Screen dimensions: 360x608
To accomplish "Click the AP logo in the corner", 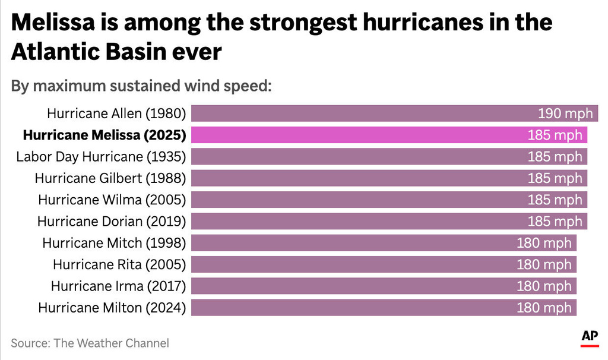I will tap(590, 337).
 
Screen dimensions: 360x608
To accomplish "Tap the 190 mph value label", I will tap(565, 113).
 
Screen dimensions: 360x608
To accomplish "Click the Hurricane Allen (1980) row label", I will tap(116, 113).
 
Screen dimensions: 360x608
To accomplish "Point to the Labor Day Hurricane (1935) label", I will tap(101, 157).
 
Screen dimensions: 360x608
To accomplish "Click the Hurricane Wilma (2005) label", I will tap(112, 200).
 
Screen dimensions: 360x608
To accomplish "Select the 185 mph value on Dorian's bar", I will tap(555, 221).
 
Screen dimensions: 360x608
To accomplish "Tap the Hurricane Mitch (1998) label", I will tap(114, 243).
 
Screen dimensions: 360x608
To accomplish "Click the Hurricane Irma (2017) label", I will tap(118, 286).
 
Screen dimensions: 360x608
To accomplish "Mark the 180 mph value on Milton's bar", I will tap(544, 307).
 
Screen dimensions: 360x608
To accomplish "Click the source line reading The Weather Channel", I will tap(90, 343).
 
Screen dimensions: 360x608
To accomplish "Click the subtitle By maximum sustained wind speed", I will tap(141, 86).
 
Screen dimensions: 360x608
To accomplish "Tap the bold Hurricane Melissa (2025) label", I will tap(104, 135).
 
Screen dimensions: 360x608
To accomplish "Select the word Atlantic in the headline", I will tap(55, 52).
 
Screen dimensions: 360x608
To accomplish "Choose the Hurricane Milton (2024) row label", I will tap(112, 307).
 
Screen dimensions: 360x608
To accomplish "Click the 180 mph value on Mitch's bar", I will tap(544, 243).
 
